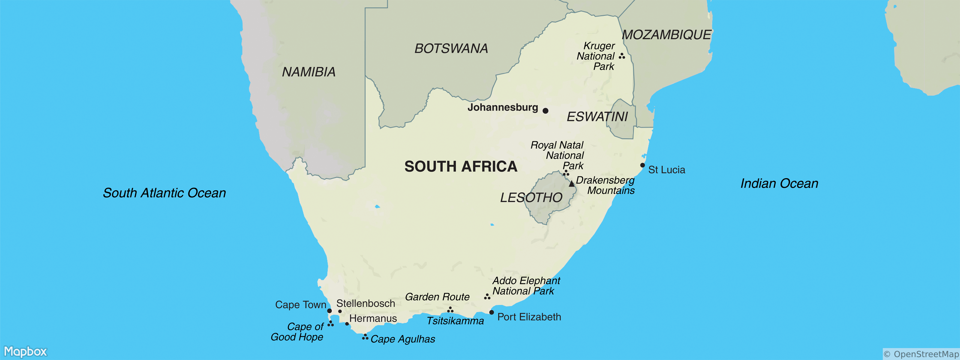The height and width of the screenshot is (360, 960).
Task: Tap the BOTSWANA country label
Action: pyautogui.click(x=451, y=48)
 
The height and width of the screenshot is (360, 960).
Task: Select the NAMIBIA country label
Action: pyautogui.click(x=309, y=72)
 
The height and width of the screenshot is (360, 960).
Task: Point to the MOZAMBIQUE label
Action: pyautogui.click(x=666, y=35)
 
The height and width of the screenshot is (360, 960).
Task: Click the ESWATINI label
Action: pyautogui.click(x=597, y=117)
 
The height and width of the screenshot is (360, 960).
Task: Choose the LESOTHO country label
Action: pyautogui.click(x=531, y=197)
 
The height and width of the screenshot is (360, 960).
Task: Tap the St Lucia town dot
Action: pyautogui.click(x=643, y=165)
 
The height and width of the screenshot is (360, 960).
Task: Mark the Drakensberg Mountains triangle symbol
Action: pyautogui.click(x=572, y=184)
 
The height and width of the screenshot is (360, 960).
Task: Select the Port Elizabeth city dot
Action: pyautogui.click(x=492, y=312)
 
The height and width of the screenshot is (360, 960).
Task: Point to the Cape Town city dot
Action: pyautogui.click(x=329, y=311)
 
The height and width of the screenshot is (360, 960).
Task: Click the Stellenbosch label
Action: pyautogui.click(x=366, y=303)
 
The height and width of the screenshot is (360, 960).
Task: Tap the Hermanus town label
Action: pyautogui.click(x=373, y=318)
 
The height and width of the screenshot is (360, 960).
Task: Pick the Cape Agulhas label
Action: pyautogui.click(x=403, y=339)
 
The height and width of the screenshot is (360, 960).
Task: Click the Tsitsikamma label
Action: pyautogui.click(x=455, y=321)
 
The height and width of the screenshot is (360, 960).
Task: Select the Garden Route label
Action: pyautogui.click(x=437, y=297)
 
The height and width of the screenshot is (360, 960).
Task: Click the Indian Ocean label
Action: pyautogui.click(x=779, y=183)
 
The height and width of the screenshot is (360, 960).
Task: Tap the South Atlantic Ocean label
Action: pyautogui.click(x=164, y=193)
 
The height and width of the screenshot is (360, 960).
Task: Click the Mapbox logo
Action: pyautogui.click(x=25, y=351)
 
